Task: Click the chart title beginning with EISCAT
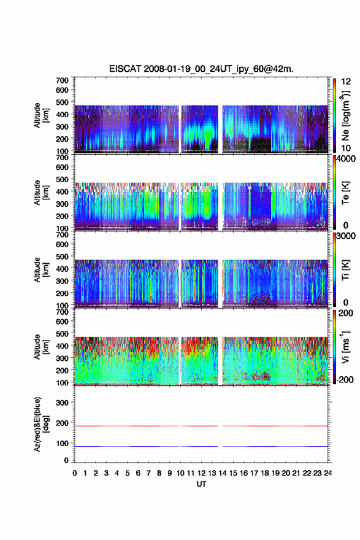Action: pos(201,69)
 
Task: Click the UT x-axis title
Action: pos(201,484)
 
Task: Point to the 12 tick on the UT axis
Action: pos(201,473)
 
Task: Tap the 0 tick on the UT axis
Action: pos(75,473)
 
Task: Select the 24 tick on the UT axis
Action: pos(327,473)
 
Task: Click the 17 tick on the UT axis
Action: pos(254,473)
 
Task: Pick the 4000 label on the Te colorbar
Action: pos(346,159)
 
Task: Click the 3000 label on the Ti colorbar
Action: pos(346,236)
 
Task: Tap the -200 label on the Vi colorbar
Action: pos(345,379)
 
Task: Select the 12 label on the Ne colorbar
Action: pos(346,82)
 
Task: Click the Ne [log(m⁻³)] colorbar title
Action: pos(346,115)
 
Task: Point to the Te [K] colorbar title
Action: pos(345,193)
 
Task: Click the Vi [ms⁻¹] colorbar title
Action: pos(345,347)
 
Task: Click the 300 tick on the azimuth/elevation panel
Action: pos(62,403)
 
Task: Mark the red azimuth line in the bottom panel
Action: pos(201,426)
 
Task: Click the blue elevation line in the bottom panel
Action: pos(201,446)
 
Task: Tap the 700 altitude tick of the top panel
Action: pos(62,80)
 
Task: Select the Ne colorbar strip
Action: pos(334,115)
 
